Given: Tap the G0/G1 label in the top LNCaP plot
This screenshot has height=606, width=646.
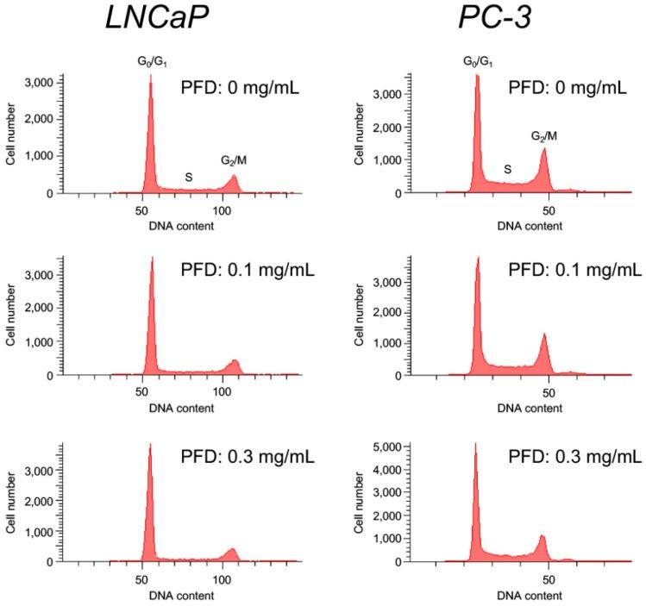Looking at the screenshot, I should coord(151,63).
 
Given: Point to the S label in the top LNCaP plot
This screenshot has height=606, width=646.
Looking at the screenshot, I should coord(188,177).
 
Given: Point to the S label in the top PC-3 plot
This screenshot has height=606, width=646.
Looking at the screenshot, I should coord(508,170).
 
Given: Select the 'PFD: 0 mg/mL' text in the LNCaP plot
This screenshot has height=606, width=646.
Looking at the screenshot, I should coord(240,87).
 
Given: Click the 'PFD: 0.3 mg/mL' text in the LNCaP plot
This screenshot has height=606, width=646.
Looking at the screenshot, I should coord(248,456).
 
